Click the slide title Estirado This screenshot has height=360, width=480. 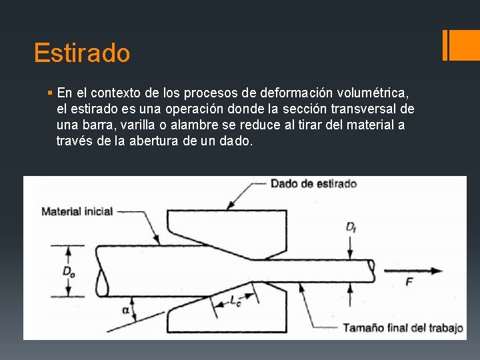tap(82, 53)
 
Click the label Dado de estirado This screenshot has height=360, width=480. tap(313, 183)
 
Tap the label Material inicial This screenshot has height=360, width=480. tap(77, 211)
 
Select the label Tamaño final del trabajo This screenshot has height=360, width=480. tap(403, 327)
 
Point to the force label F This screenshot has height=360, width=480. tap(409, 282)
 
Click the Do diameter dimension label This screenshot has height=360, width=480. tap(69, 271)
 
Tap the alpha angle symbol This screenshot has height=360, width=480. tap(125, 309)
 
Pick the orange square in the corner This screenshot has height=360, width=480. tap(464, 45)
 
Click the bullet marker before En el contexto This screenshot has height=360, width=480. tap(51, 92)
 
